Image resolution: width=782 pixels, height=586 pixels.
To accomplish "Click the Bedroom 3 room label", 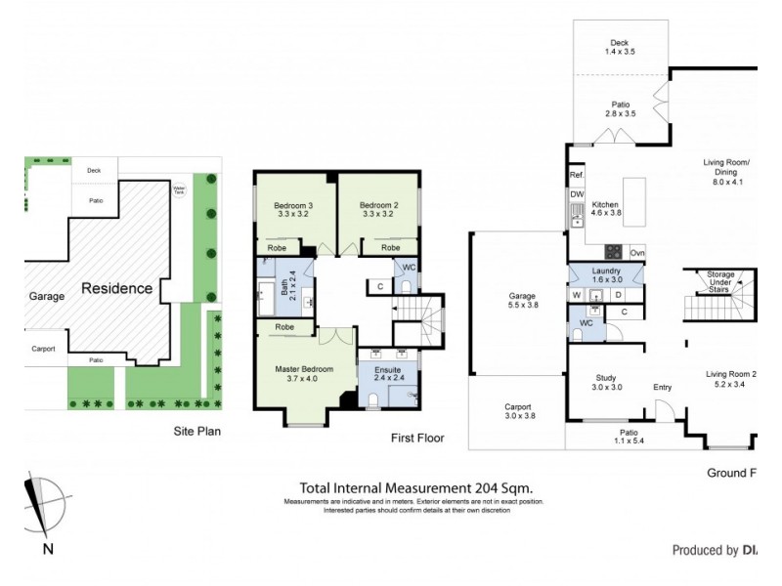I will pos(291,211).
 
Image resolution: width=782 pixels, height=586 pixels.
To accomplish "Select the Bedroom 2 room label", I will pos(376,211).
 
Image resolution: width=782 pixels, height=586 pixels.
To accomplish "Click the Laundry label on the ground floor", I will pos(606,274).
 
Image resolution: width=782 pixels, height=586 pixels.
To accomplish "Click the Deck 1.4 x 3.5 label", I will pos(619,47).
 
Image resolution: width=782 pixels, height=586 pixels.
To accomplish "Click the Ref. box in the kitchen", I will pos(576,176).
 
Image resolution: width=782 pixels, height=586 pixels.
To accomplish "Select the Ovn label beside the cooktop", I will pos(636,252).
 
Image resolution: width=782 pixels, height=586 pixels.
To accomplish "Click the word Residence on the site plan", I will pos(116,288).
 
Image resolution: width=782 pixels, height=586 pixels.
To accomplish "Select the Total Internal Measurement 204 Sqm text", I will pos(415,488).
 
